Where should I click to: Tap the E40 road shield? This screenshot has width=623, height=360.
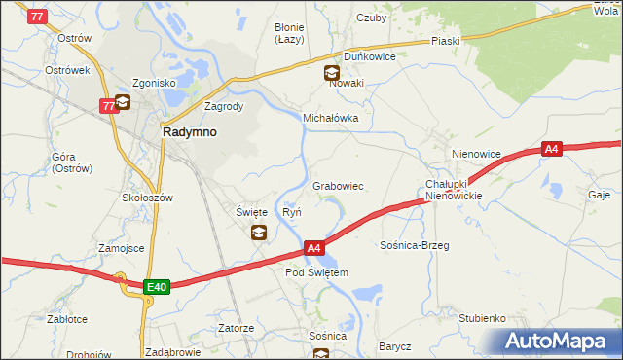click(157, 287)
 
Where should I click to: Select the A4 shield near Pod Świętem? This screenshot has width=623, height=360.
click(313, 249)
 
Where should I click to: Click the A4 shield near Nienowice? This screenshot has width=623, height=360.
click(552, 149)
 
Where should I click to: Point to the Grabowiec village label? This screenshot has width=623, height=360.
click(338, 186)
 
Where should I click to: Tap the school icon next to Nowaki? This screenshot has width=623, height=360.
click(332, 71)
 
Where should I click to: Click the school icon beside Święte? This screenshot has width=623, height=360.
click(259, 232)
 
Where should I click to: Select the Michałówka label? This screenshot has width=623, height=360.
click(331, 118)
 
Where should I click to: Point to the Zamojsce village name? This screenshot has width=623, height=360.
click(121, 248)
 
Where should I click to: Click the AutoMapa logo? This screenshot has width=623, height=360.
click(561, 342)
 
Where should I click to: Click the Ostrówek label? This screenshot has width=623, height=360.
click(67, 70)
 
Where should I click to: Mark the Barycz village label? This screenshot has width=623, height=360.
click(395, 346)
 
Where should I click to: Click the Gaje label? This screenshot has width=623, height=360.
click(599, 194)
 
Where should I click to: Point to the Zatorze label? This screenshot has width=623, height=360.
click(236, 328)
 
